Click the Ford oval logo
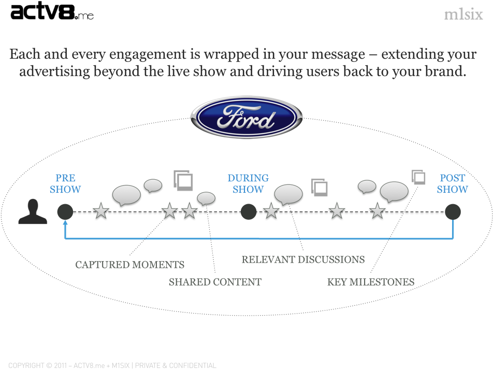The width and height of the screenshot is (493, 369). [x=247, y=118]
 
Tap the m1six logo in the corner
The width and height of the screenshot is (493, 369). [x=463, y=15]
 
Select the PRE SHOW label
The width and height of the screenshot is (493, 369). [x=65, y=184]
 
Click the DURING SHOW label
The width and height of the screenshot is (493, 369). [x=248, y=184]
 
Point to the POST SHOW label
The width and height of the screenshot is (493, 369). [x=452, y=184]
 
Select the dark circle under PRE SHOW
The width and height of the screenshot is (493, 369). [x=65, y=211]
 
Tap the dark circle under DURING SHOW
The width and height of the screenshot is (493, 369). [x=249, y=211]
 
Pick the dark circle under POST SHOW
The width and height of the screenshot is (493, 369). [x=453, y=211]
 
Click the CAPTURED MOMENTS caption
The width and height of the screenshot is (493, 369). [x=129, y=265]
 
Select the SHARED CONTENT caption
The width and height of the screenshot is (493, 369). [x=215, y=282]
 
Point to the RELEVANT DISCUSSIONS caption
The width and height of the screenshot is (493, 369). [x=303, y=259]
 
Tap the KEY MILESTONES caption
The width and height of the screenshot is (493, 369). [x=371, y=282]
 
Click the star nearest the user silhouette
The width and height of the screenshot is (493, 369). [x=101, y=211]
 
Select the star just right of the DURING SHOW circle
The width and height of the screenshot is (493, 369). [x=271, y=211]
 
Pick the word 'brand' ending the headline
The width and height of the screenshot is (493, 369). [x=446, y=72]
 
